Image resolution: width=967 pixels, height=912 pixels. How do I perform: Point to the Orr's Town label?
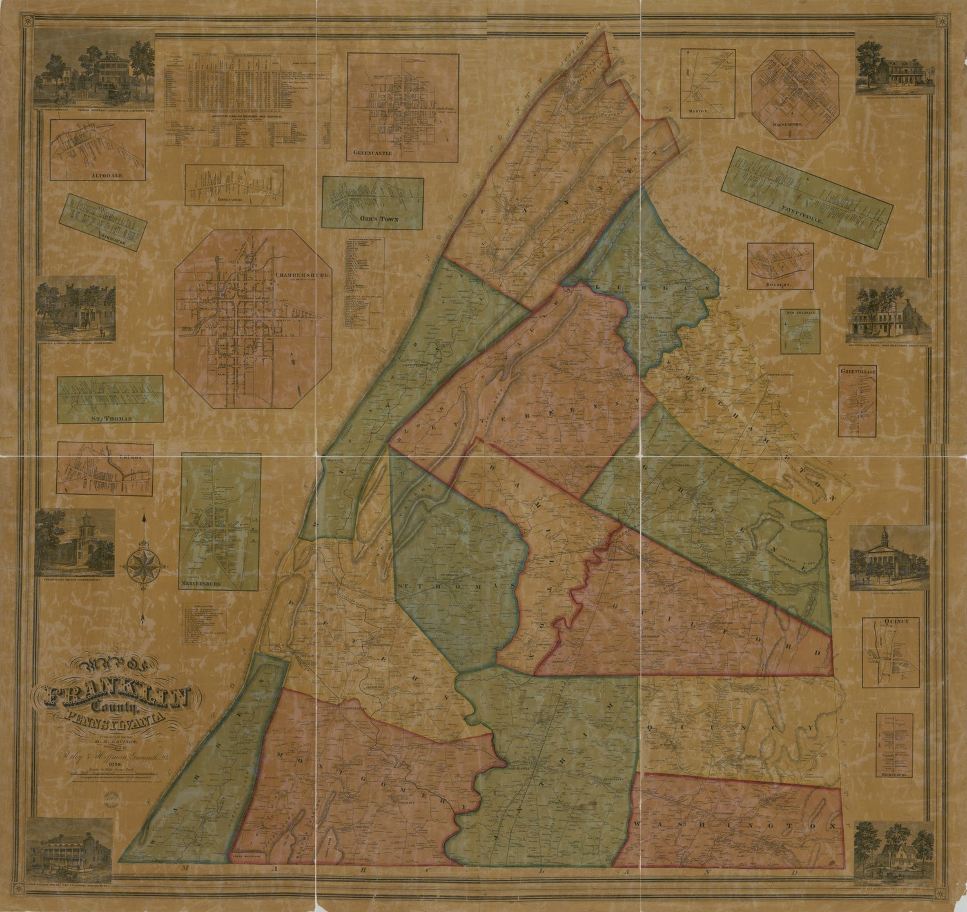click(380, 219)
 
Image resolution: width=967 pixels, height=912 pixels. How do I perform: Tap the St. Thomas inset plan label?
click(110, 418)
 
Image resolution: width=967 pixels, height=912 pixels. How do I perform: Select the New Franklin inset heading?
click(801, 313)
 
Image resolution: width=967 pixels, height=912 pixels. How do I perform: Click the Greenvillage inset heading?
click(860, 372)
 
